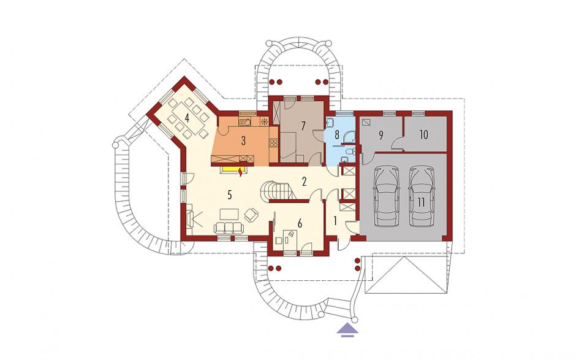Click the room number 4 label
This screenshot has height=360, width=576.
pos(188,118)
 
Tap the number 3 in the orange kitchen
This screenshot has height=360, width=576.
pos(243,141)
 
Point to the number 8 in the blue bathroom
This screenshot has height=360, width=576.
pos(336,134)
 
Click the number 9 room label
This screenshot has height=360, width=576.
pos(381,136)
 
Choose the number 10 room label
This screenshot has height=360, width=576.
pos(423,134)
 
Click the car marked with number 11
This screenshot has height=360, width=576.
pos(422,196)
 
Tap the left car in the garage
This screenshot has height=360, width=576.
pos(387,196)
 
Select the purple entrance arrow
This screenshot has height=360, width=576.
pos(348,329)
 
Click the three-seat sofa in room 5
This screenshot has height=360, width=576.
pos(229,228)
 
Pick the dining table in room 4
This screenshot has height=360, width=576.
pos(188,119)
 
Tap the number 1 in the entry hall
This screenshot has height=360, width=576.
pos(335,221)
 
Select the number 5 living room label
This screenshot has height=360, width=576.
pos(230,195)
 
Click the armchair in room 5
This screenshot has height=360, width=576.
pos(252,215)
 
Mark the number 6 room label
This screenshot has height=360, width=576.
pos(300,224)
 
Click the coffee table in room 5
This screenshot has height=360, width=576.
pos(229,213)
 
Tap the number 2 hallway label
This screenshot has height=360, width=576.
pos(304,182)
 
